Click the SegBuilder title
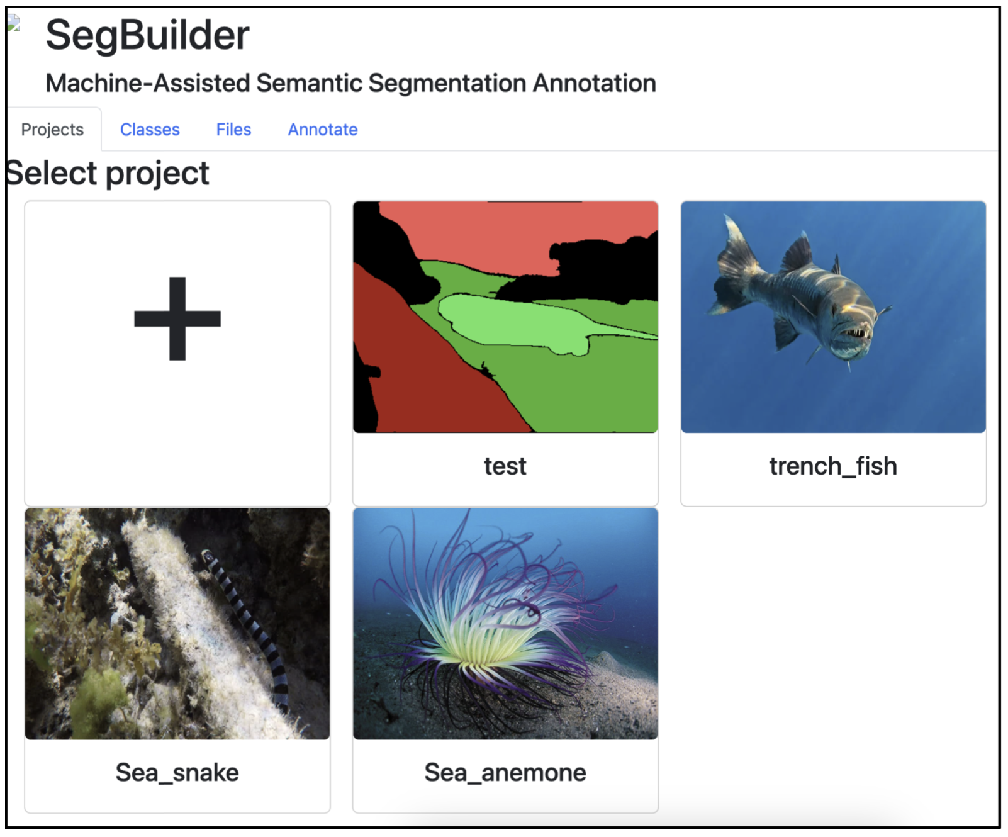click(147, 35)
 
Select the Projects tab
click(52, 130)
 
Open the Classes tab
click(150, 130)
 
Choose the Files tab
click(233, 130)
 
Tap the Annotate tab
click(323, 130)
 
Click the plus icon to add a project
click(177, 318)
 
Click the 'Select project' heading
click(107, 174)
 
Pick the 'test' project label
click(505, 466)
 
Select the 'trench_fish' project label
click(833, 466)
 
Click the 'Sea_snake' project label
click(177, 773)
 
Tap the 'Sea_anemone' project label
click(505, 773)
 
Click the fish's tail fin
click(733, 264)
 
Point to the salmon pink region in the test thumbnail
click(516, 233)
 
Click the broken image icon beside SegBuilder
click(14, 23)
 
